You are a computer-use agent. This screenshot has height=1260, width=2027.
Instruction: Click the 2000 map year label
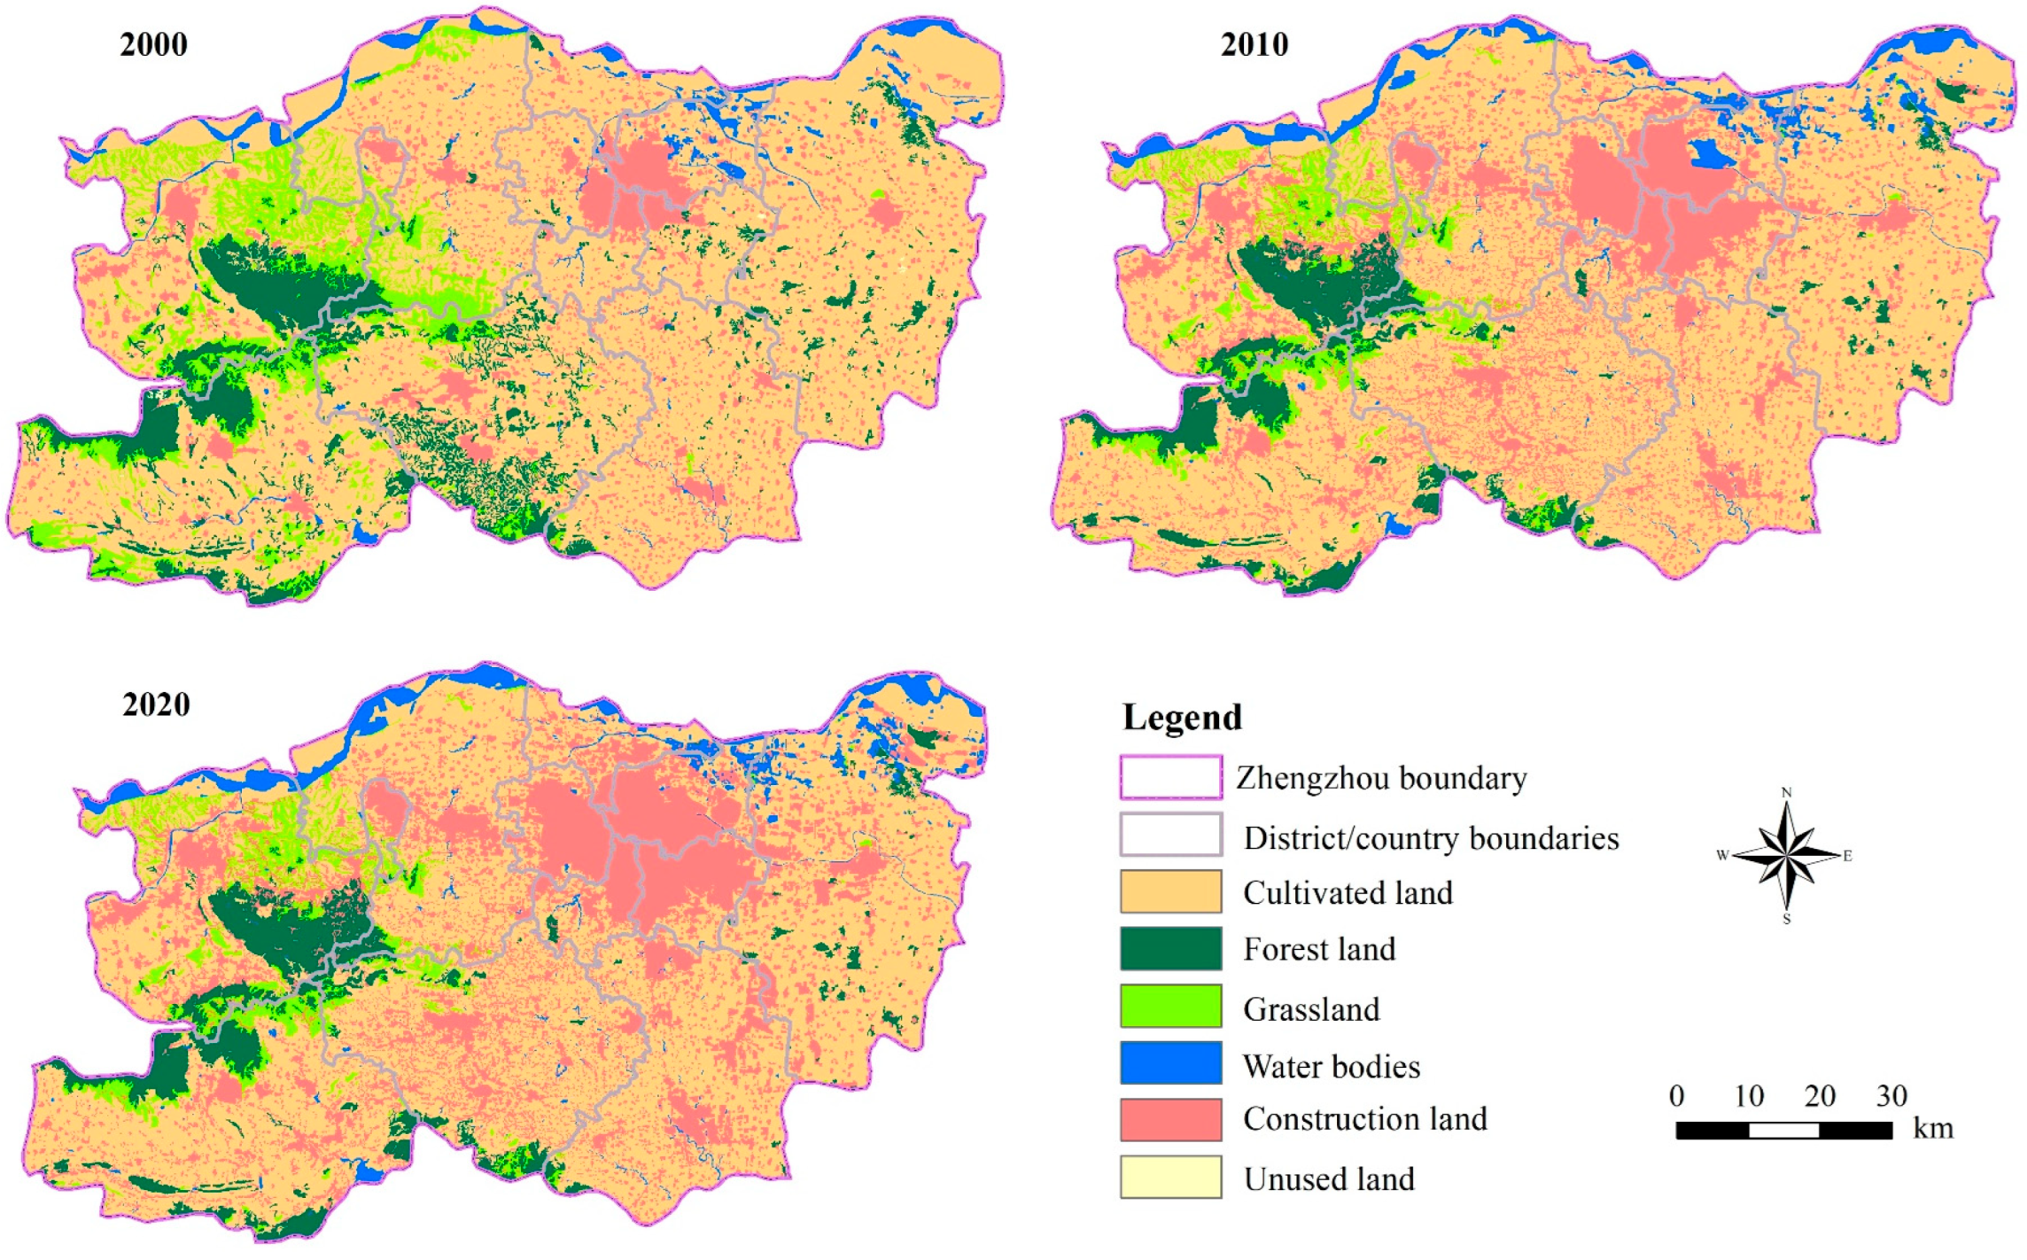point(153,44)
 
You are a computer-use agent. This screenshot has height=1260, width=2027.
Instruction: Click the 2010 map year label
point(1254,44)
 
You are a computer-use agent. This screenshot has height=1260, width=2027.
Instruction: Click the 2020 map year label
point(156,704)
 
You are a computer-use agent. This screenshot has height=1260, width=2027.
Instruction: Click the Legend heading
point(1182,717)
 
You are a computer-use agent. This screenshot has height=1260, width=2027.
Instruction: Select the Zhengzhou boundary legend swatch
point(1170,778)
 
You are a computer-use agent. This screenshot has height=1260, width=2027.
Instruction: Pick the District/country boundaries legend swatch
point(1170,835)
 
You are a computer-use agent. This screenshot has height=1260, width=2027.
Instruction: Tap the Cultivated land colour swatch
point(1170,891)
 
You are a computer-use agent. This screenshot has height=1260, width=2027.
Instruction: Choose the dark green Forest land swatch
point(1170,949)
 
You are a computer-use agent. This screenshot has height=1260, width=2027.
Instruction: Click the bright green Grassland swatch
point(1170,1007)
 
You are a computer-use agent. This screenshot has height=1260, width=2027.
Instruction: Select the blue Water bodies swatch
point(1170,1063)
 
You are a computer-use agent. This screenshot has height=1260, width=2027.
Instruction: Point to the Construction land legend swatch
point(1170,1120)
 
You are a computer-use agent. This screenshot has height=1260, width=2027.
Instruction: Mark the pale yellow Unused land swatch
point(1170,1178)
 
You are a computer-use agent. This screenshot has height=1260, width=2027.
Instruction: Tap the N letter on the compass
point(1786,792)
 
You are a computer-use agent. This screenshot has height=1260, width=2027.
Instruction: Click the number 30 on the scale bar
point(1891,1097)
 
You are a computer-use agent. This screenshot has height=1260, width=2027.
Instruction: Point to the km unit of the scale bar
point(1932,1129)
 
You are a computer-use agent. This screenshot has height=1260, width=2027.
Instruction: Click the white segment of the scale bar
point(1783,1131)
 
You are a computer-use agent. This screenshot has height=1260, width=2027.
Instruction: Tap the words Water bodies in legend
point(1331,1066)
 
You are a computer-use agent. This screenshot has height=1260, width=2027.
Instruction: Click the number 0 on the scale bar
point(1676,1097)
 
